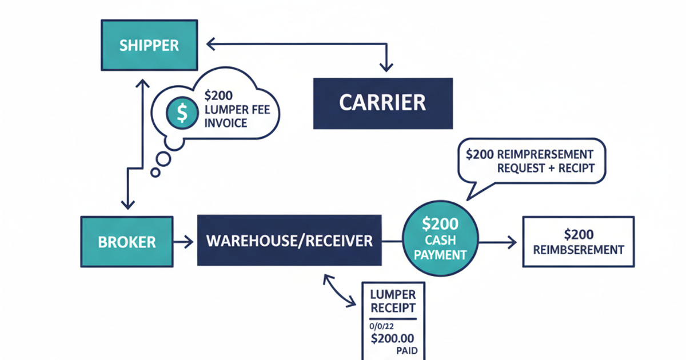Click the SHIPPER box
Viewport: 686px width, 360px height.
pos(149,45)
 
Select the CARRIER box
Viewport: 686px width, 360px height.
pos(382,103)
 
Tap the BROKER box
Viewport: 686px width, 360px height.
pos(126,241)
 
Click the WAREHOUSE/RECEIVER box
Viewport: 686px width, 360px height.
pos(289,241)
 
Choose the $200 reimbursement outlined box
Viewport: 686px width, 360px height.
pos(579,242)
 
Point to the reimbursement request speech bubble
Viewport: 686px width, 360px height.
pos(530,161)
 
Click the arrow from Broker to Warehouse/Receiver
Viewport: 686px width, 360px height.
pos(184,242)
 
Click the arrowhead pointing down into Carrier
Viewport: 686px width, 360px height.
pos(388,67)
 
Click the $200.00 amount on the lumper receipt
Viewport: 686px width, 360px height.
pos(392,337)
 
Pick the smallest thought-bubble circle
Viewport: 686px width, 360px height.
pos(154,172)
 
